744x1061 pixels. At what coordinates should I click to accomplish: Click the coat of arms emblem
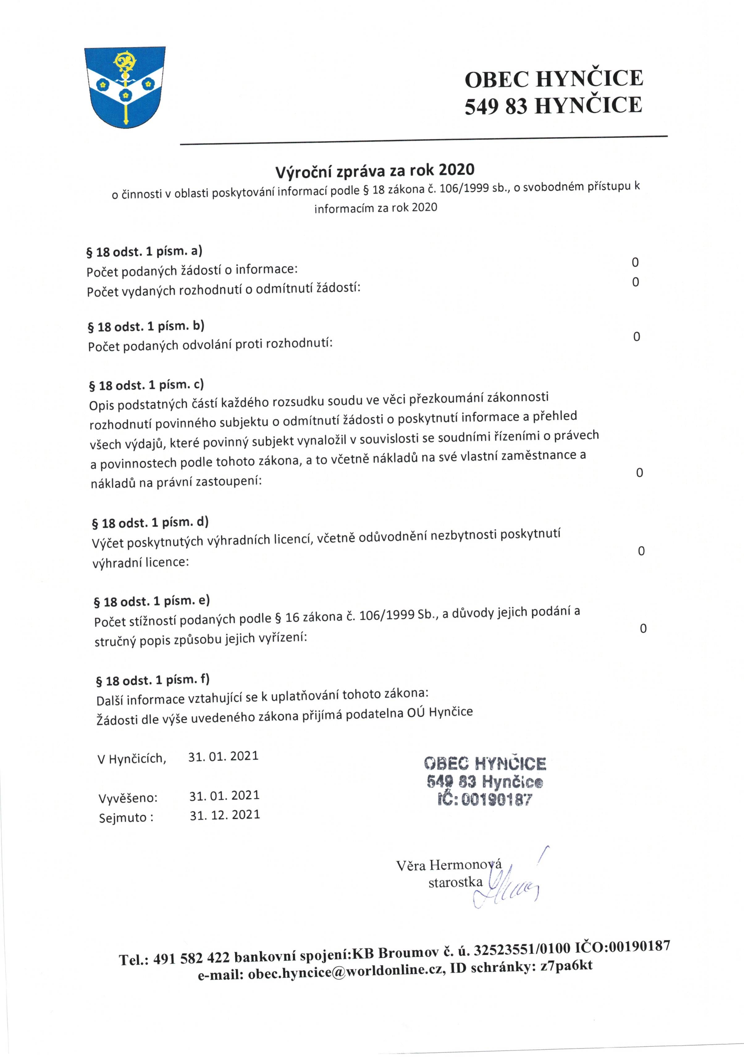coord(124,86)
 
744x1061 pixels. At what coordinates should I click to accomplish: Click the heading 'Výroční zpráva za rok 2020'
coord(375,171)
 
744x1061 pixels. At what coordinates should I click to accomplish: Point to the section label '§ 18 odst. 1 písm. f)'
coord(153,680)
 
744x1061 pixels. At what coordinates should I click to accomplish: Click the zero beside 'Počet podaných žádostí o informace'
coord(635,262)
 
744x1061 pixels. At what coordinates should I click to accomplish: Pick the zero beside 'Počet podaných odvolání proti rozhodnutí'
coord(636,337)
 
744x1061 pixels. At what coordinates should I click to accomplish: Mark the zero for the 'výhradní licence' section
coord(641,551)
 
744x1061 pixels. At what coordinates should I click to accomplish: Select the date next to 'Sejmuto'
coord(225,814)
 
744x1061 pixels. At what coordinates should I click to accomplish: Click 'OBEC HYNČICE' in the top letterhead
coord(553,78)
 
